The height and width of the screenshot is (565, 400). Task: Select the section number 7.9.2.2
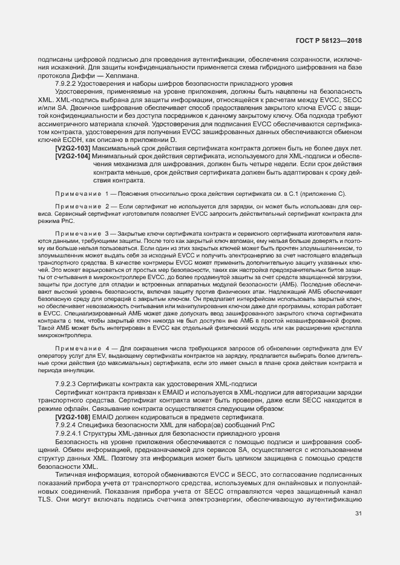point(67,83)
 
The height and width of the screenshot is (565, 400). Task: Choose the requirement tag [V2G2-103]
point(72,148)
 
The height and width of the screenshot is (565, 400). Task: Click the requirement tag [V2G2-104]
point(72,157)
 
